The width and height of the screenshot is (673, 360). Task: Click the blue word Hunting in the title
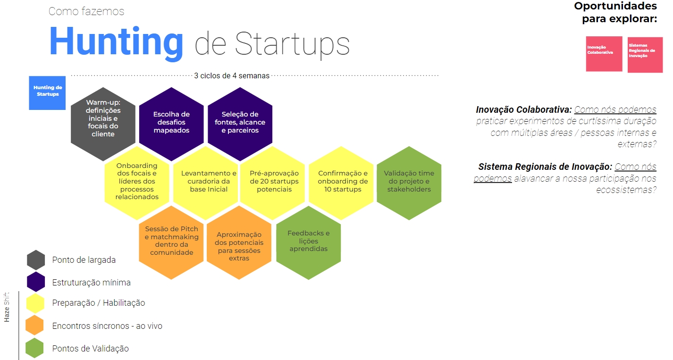[116, 42]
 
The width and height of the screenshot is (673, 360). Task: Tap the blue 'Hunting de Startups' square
[47, 93]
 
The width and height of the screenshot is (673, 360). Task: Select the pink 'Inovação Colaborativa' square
[604, 54]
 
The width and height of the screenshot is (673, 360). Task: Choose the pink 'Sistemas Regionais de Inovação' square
[645, 55]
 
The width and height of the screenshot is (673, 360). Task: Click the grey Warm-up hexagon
[103, 124]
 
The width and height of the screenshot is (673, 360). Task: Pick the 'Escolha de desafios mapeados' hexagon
[171, 124]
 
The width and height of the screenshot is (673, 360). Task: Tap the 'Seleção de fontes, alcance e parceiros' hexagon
[240, 124]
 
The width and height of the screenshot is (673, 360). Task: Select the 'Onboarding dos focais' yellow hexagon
[137, 183]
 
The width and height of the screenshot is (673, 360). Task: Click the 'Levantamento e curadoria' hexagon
[205, 183]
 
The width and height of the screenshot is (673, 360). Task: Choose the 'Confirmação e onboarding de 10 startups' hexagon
[341, 183]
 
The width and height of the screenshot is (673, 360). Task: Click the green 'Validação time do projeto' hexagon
[409, 183]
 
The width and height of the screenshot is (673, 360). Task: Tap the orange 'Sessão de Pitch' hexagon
[171, 243]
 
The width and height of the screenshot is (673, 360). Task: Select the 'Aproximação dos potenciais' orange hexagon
[239, 243]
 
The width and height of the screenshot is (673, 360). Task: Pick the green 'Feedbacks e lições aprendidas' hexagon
[308, 243]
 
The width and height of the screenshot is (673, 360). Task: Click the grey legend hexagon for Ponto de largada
[36, 260]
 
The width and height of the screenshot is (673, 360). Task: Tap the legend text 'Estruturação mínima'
[92, 283]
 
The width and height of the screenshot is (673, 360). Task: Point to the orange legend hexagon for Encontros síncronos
[34, 325]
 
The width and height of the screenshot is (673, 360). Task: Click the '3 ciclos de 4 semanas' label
[232, 75]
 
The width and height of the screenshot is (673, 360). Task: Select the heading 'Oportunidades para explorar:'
[615, 12]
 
